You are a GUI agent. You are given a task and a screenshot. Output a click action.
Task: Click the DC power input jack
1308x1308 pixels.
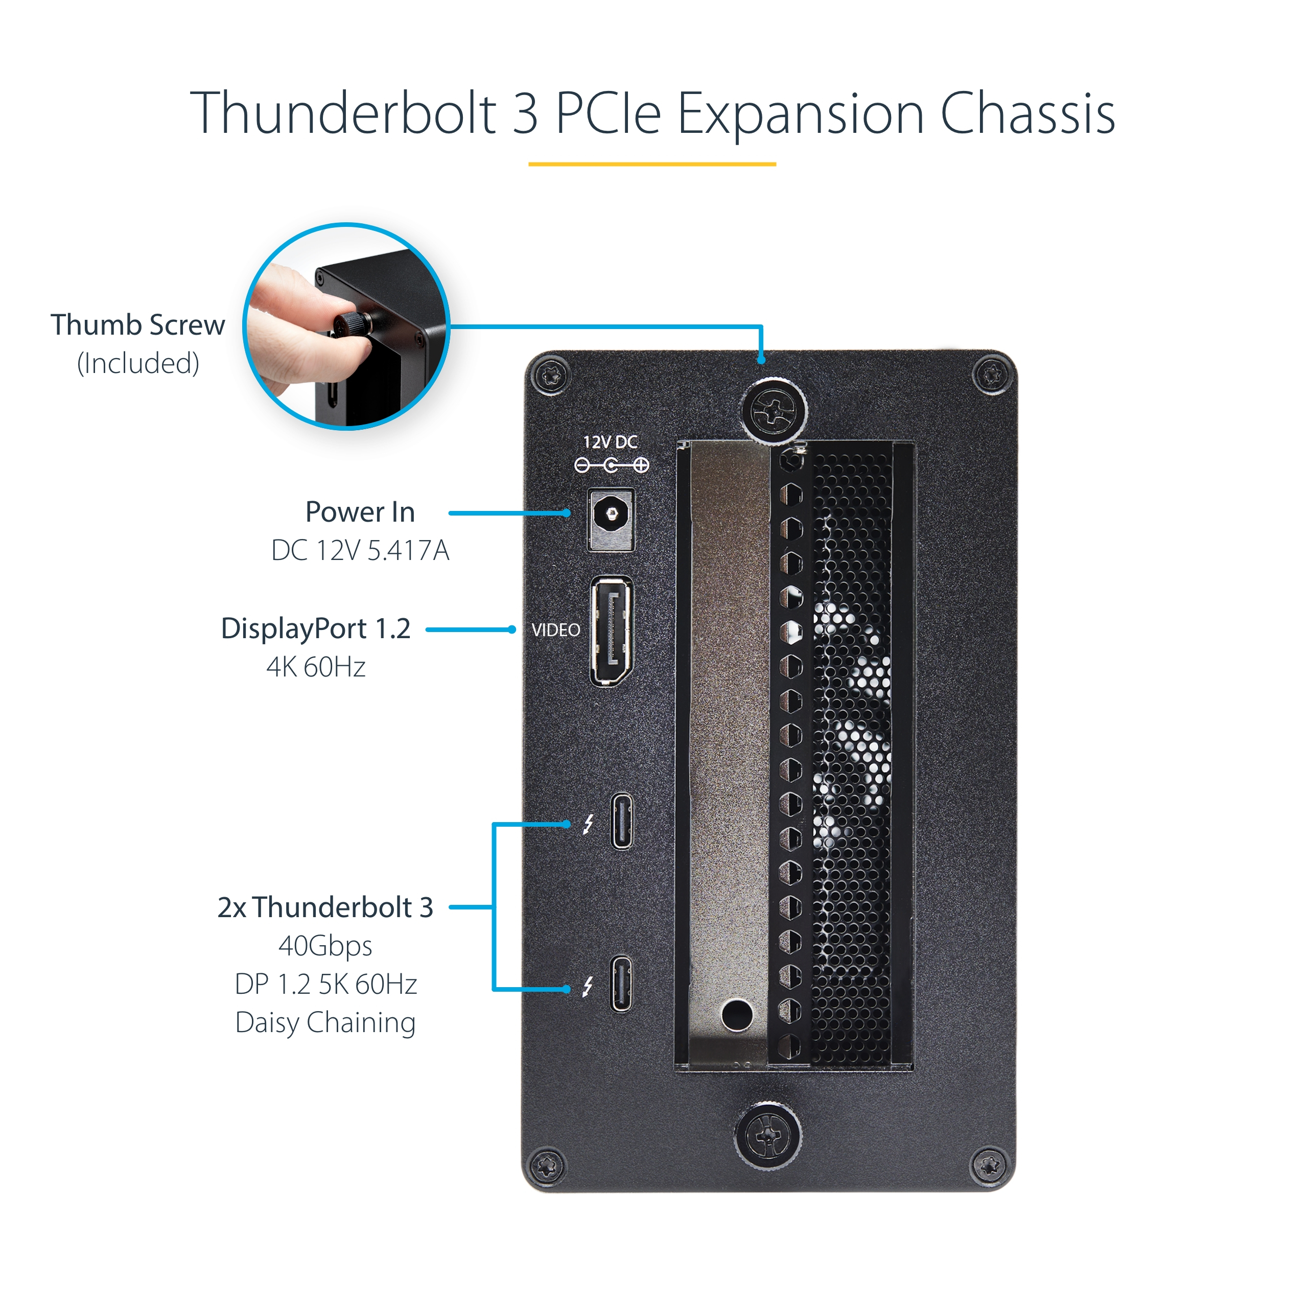(612, 519)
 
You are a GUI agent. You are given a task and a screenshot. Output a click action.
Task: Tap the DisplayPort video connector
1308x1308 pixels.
(612, 631)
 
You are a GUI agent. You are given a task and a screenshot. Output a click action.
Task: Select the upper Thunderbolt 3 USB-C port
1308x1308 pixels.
(621, 821)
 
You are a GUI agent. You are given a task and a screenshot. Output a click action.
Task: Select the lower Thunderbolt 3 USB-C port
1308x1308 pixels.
(621, 984)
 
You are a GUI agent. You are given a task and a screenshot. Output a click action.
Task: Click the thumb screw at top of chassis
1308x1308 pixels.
(774, 410)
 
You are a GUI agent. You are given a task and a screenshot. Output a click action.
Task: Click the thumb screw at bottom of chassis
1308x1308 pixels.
(768, 1135)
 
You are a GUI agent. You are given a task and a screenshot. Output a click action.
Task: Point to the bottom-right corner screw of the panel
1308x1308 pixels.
(989, 1165)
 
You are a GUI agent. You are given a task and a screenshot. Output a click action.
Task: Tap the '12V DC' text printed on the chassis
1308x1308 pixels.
(611, 442)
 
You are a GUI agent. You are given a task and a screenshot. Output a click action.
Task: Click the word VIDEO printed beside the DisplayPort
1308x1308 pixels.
(556, 630)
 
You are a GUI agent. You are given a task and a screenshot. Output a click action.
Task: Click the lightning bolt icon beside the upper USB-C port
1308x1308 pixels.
(588, 824)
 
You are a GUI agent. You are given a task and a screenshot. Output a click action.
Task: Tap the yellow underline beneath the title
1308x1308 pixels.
(652, 164)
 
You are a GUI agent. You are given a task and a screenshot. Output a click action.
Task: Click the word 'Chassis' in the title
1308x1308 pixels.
(1027, 114)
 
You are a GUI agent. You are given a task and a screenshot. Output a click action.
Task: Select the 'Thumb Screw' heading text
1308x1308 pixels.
(138, 325)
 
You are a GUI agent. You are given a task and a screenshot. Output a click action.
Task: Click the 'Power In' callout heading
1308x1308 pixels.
(360, 512)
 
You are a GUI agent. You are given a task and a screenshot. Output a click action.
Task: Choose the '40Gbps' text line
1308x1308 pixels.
(325, 946)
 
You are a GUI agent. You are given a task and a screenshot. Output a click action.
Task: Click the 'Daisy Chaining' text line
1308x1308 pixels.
(325, 1023)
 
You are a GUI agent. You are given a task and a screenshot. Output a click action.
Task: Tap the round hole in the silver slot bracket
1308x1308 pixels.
(737, 1014)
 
